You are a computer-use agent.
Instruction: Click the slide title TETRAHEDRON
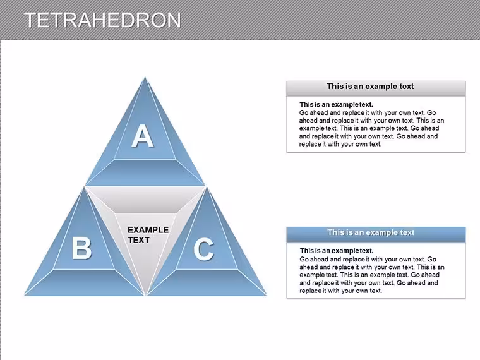click(102, 20)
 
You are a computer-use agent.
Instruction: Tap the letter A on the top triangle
click(143, 136)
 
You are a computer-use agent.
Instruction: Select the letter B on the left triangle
click(81, 249)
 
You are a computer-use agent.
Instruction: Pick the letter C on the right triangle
click(204, 249)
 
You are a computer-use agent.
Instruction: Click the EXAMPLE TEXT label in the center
click(148, 235)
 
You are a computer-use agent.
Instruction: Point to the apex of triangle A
click(145, 76)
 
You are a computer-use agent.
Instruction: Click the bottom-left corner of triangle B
click(25, 295)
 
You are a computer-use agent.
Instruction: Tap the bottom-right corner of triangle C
click(267, 295)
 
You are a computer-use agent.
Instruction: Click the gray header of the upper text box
click(376, 88)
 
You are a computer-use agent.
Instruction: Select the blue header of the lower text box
click(376, 234)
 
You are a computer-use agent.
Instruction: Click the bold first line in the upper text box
click(336, 105)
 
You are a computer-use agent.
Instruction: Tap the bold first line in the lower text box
click(337, 251)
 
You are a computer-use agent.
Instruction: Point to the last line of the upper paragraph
click(340, 144)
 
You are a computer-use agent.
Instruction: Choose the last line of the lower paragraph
click(340, 291)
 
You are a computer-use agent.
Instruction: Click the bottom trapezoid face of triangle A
click(145, 172)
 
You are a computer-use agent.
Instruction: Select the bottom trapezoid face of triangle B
click(84, 282)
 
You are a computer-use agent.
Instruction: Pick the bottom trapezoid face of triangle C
click(207, 282)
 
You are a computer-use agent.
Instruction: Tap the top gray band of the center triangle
click(145, 200)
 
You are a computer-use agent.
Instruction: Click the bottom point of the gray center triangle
click(146, 294)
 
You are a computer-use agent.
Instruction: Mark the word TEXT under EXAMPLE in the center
click(139, 240)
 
